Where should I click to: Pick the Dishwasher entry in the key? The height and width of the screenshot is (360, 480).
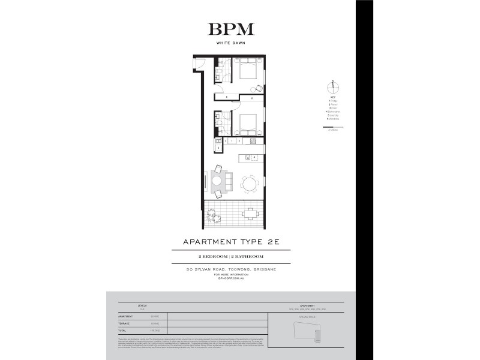333,112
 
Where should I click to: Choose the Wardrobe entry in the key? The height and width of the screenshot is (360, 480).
333,119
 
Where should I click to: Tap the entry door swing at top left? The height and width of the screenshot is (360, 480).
202,61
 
